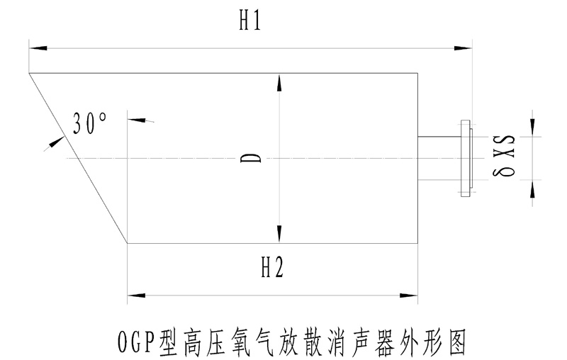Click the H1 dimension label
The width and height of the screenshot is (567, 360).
click(249, 22)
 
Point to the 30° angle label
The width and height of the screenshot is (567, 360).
click(90, 125)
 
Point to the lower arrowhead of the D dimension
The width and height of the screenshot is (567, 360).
click(281, 233)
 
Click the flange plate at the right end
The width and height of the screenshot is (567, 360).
click(466, 157)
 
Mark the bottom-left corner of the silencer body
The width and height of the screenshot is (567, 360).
click(128, 242)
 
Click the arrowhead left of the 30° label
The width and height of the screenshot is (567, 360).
click(52, 145)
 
